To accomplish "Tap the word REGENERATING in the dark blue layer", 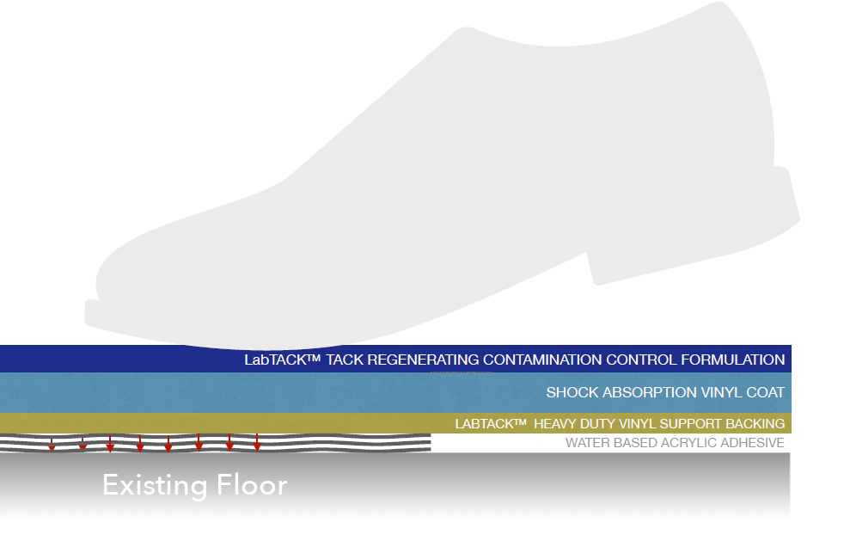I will pyautogui.click(x=423, y=360).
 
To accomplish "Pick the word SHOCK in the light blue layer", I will pyautogui.click(x=572, y=392).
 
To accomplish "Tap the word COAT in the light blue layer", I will pyautogui.click(x=764, y=392).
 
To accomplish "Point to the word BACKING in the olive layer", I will pyautogui.click(x=755, y=423).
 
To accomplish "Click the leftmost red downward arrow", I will pyautogui.click(x=52, y=445).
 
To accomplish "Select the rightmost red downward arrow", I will pyautogui.click(x=257, y=445).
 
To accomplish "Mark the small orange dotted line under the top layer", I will pyautogui.click(x=461, y=373).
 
